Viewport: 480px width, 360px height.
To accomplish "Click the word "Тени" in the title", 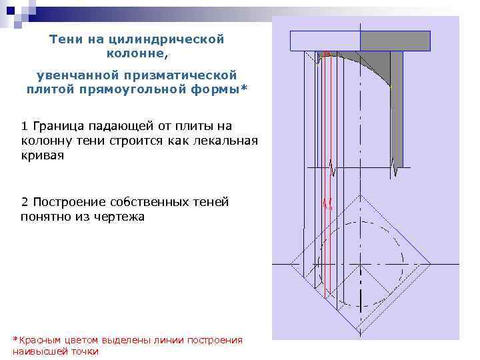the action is tap(65, 39).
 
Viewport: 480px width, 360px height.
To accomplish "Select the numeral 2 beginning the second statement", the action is tap(25, 201).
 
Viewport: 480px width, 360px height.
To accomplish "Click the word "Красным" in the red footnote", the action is tap(39, 340).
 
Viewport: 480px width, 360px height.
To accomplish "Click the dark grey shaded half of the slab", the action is tap(395, 41).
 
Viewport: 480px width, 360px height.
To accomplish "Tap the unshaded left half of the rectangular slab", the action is tap(325, 41).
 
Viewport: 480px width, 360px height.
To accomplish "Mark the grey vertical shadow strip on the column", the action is tap(396, 107).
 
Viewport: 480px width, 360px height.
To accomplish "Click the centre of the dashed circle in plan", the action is tap(360, 265).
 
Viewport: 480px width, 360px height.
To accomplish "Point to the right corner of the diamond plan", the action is tap(428, 265).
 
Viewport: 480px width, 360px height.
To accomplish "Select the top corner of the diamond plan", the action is tap(360, 196).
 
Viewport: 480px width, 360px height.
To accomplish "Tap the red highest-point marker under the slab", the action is tap(327, 53).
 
